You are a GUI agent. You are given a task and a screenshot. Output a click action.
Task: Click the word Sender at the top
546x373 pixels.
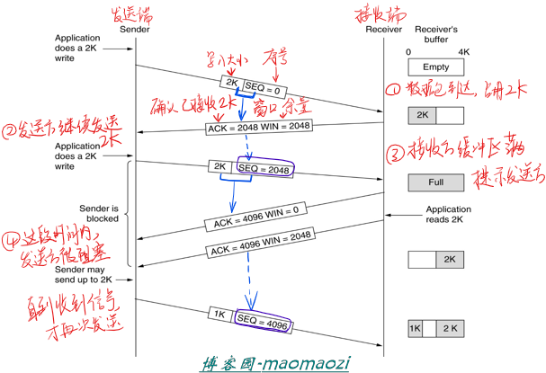pos(134,28)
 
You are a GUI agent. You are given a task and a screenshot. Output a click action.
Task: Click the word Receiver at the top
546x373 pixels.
pos(384,28)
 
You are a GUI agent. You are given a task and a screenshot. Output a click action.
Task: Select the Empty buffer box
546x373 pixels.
pos(434,67)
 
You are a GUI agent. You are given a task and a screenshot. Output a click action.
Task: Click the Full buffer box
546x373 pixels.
pos(434,182)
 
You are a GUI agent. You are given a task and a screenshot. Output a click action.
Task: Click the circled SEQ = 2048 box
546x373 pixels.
pos(263,168)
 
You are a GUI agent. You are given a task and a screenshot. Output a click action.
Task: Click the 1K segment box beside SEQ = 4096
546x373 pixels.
pos(219,315)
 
